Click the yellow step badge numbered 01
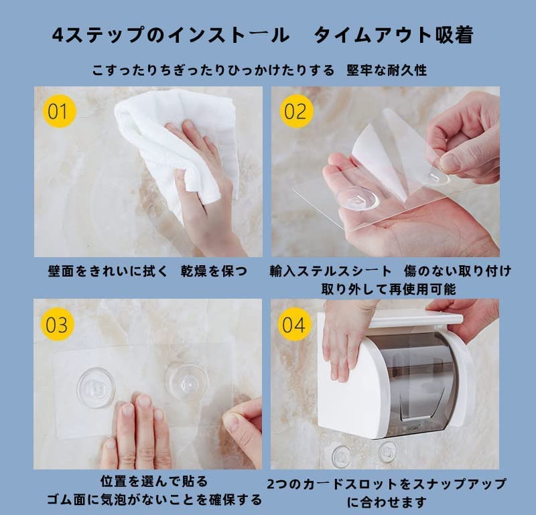(59, 111)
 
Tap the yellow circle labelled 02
(296, 111)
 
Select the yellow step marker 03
(57, 324)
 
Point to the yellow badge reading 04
(294, 324)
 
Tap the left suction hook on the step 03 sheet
(96, 388)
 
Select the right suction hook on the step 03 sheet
(186, 382)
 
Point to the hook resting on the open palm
(358, 198)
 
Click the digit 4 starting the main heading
(58, 35)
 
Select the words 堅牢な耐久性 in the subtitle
(387, 70)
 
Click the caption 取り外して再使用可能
(389, 289)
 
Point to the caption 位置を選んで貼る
(154, 481)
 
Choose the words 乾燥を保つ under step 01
(214, 271)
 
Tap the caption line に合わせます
(387, 502)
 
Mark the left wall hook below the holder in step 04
(341, 456)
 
